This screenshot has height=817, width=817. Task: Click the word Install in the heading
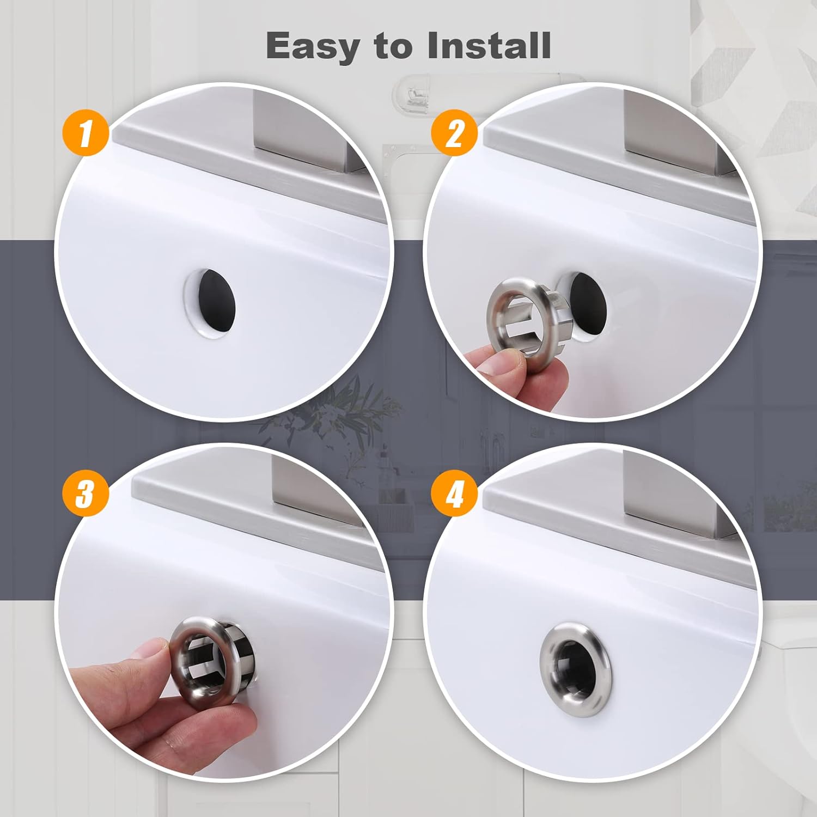489,46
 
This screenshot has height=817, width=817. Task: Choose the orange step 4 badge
454,495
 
